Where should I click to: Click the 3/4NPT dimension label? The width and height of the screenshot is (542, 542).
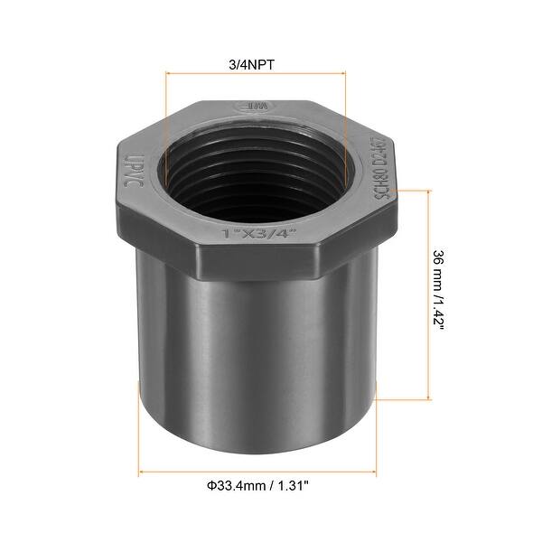click(x=255, y=63)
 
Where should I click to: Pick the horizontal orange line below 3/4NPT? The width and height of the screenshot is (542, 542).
click(x=255, y=76)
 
